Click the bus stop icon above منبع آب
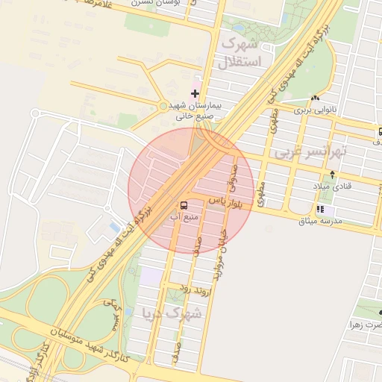(183, 204)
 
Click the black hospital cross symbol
(195, 93)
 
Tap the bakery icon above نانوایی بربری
(316, 98)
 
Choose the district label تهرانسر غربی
(310, 151)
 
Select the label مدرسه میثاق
(320, 222)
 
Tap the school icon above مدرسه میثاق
(320, 210)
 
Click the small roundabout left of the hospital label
(163, 106)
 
